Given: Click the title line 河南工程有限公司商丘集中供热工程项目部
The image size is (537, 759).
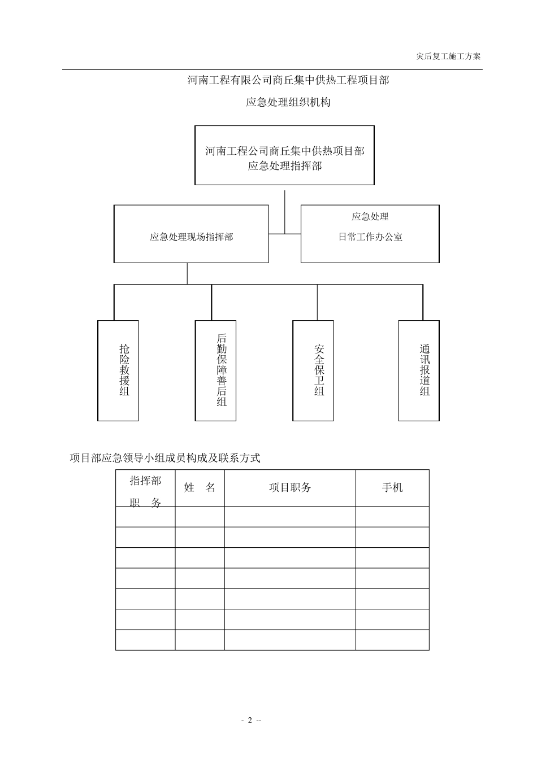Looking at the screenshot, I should pos(288,80).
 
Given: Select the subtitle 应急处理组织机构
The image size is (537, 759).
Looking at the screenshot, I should pos(288,102).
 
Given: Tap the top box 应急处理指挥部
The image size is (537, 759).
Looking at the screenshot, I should pos(284,155).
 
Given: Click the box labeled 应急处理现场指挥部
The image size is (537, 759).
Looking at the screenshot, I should pos(191,234).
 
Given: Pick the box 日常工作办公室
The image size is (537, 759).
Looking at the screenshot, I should pos(370,234).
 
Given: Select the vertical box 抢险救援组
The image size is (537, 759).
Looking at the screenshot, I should pos(118,370).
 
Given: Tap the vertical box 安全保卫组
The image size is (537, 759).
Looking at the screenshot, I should pos(313,370).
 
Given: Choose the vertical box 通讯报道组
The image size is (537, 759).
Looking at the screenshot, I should pos(419,370).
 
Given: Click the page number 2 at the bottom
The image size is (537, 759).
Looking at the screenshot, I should pos(249,720).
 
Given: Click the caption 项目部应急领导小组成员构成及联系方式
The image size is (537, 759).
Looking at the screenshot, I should pos(164,458).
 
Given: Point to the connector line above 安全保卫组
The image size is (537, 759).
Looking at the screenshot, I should pos(317,302).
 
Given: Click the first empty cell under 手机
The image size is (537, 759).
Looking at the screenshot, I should pos(392,517).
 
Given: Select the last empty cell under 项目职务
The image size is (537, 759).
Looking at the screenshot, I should pos(290,640).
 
